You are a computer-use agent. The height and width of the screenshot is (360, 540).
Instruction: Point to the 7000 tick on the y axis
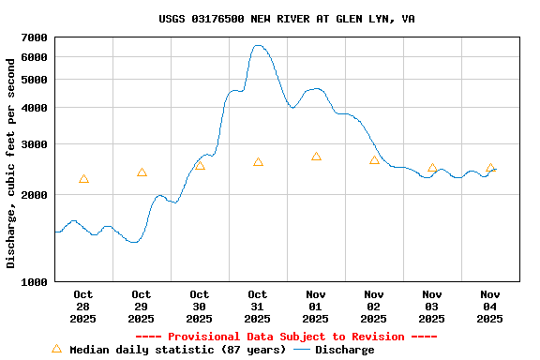(x=34, y=37)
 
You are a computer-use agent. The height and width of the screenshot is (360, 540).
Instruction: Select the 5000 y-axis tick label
(x=34, y=80)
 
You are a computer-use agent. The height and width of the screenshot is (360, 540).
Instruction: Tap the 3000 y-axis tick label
(x=34, y=144)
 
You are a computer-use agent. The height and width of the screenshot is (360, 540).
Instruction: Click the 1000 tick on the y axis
(x=34, y=282)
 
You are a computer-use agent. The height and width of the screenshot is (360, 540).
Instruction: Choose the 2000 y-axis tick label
(x=34, y=195)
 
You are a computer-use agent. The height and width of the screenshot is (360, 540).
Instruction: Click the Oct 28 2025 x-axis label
(x=83, y=307)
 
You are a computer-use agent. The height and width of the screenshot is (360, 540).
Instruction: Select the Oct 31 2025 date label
(x=258, y=307)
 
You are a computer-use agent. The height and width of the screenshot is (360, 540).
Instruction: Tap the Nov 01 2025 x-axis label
(x=316, y=307)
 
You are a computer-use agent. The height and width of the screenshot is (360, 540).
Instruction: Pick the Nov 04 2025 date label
(x=490, y=307)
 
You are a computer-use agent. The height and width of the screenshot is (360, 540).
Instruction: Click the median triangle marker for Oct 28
(x=83, y=179)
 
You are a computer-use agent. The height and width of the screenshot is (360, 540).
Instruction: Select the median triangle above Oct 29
(x=142, y=172)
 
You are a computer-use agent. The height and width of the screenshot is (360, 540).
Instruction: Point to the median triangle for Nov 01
(x=316, y=157)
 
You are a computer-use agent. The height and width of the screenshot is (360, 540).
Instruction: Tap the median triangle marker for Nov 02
(x=374, y=160)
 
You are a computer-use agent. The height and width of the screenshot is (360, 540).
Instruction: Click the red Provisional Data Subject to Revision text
(x=286, y=337)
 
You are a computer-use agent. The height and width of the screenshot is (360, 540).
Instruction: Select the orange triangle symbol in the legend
(x=56, y=349)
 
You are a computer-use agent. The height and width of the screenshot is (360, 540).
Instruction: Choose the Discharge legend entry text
(x=344, y=350)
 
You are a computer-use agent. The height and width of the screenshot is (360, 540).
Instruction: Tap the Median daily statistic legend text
(x=178, y=350)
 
